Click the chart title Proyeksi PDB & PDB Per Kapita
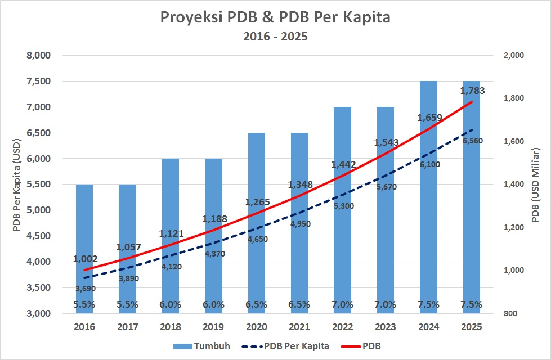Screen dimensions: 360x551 pos(275,17)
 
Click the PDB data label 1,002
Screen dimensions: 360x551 pos(86,259)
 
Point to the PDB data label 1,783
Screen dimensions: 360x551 pos(472,91)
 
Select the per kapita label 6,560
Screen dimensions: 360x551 pos(473,141)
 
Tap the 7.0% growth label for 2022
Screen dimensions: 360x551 pos(342,304)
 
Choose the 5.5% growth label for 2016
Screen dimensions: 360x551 pos(84,304)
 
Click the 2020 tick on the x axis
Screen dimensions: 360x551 pos(256,327)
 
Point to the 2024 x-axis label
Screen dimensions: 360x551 pos(428,327)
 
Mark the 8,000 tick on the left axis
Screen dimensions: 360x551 pos(39,56)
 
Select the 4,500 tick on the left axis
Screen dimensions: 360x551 pos(39,236)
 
